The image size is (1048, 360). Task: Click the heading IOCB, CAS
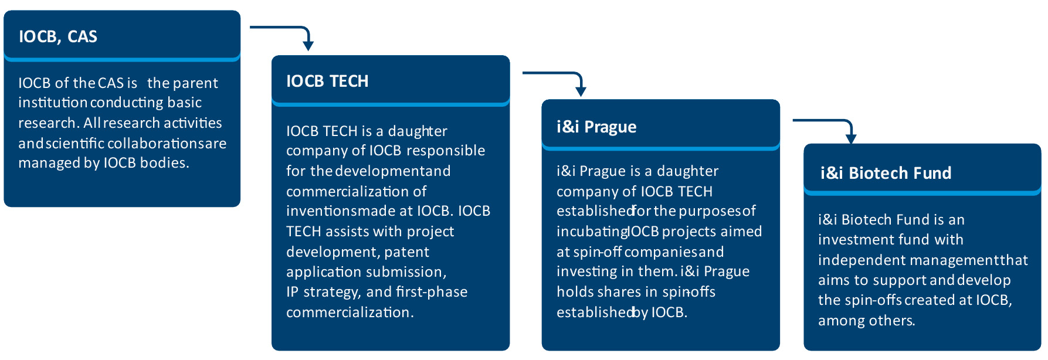point(58,36)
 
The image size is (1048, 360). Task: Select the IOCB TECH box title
point(327,81)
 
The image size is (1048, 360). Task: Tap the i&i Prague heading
point(596,127)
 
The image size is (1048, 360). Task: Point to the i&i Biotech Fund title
point(886,173)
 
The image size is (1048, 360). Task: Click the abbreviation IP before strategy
point(292,292)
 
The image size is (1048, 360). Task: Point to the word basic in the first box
point(185,103)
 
